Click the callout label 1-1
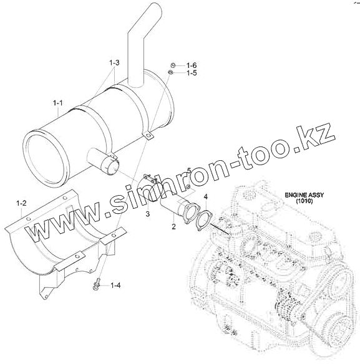[58, 103]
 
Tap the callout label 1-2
[21, 203]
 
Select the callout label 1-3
[114, 62]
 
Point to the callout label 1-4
[115, 285]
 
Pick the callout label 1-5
[192, 73]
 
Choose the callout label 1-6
[192, 65]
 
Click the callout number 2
[174, 226]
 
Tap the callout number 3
[148, 214]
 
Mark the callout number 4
[206, 197]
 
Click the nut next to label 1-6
[173, 65]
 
